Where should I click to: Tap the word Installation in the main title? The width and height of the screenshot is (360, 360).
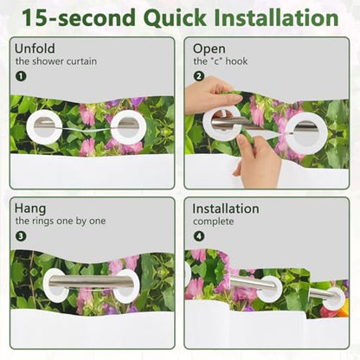point(276,17)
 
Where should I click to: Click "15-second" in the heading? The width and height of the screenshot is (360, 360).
point(79,17)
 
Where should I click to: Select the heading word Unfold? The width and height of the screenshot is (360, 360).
point(35,48)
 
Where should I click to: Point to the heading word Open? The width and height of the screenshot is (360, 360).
point(209,49)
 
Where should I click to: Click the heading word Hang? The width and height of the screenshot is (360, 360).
point(30,209)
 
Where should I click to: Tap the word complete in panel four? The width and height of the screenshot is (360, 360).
point(213,222)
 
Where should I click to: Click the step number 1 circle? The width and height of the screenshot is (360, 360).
point(21,76)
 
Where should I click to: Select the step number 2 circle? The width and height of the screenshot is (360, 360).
point(199,76)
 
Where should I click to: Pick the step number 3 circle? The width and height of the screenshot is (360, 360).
point(21,236)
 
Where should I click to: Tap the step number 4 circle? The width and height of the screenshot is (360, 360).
point(199,236)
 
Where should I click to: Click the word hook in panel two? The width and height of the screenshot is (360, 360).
point(236,61)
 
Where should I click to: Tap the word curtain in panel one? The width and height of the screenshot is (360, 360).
point(81,61)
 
